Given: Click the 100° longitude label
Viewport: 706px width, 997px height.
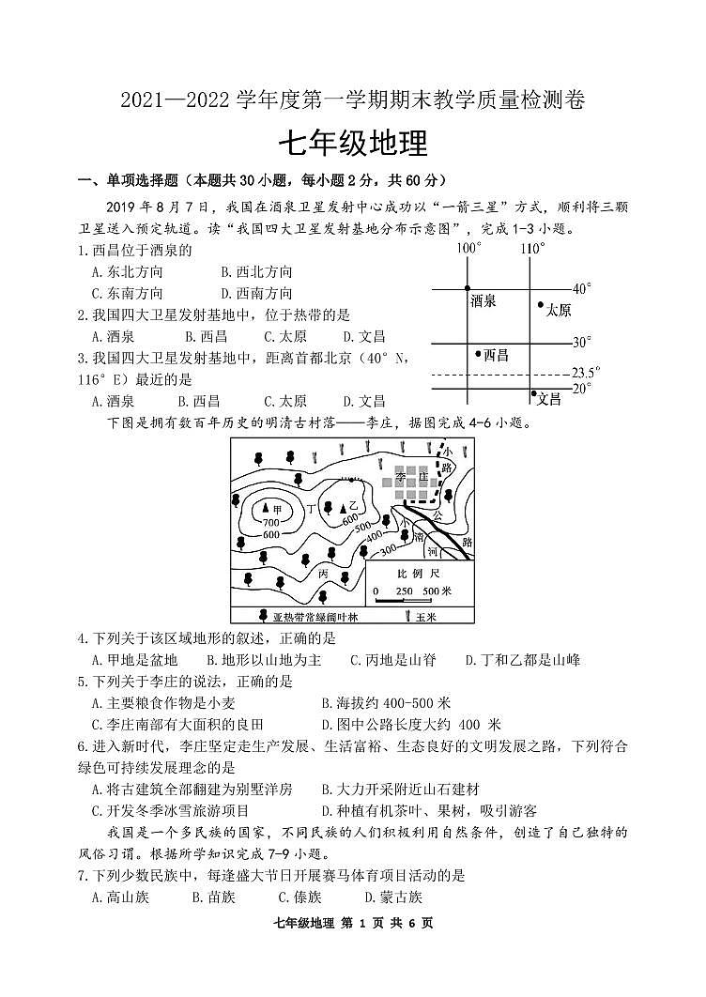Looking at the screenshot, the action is (x=468, y=249).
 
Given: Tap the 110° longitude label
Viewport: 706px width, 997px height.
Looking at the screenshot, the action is (x=531, y=249).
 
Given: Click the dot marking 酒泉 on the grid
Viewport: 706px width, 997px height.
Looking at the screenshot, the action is (x=468, y=288).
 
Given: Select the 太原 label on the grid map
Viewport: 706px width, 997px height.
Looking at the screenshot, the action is (x=559, y=310).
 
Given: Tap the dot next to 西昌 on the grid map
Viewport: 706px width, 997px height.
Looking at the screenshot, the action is (x=477, y=353).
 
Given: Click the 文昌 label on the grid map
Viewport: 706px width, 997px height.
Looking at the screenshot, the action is (x=548, y=399).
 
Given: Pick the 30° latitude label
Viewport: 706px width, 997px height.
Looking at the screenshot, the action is (x=582, y=343).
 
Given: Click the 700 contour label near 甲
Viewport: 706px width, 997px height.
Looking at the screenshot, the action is (x=271, y=522).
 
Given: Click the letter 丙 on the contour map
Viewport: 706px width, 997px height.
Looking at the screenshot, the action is (x=323, y=572).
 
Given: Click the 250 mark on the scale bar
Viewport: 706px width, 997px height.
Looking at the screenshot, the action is (x=405, y=591).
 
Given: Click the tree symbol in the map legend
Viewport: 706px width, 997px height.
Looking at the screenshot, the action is (x=263, y=617).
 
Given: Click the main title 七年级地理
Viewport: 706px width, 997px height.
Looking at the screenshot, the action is (x=353, y=144).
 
